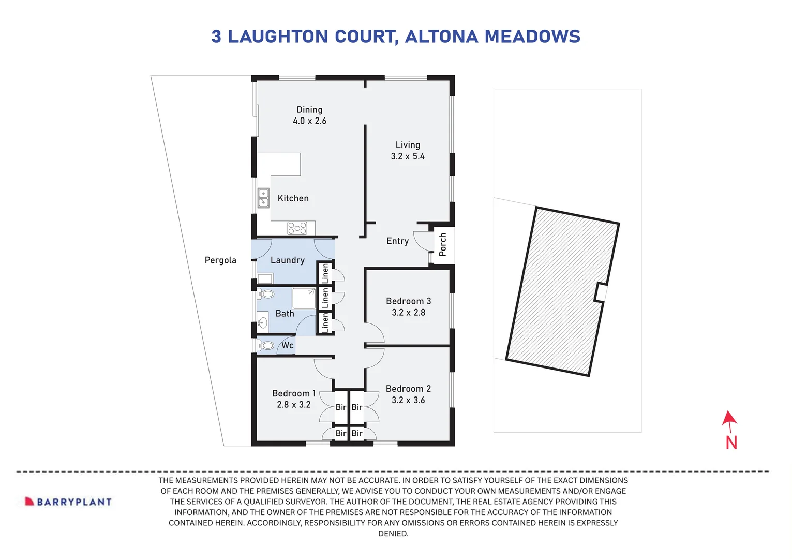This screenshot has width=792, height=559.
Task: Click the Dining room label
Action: [x=309, y=110]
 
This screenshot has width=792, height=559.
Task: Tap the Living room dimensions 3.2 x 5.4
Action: [x=408, y=156]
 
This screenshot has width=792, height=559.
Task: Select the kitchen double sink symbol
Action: [x=263, y=198]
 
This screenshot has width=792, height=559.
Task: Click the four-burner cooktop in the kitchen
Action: [x=297, y=228]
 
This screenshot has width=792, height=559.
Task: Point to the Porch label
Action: [x=443, y=244]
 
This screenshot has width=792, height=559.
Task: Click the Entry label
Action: [x=397, y=241]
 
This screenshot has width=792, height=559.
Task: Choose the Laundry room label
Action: [x=287, y=260]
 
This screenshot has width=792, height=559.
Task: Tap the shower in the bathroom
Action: [x=304, y=299]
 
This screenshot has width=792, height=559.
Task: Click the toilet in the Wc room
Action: [x=266, y=345]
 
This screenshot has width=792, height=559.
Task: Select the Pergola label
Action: [x=220, y=260]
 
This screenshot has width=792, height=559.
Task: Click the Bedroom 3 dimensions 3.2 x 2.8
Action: [x=408, y=313]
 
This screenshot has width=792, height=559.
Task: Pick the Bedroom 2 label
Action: [x=408, y=389]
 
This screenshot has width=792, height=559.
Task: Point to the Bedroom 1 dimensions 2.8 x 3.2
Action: [x=293, y=405]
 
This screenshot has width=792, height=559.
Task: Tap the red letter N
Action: [x=731, y=443]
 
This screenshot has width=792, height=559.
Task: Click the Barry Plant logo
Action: [x=68, y=502]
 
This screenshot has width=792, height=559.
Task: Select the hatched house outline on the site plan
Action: [x=561, y=290]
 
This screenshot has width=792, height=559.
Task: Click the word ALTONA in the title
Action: [x=441, y=37]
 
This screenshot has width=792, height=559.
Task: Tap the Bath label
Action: [x=285, y=314]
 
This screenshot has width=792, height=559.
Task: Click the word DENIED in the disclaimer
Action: [x=393, y=534]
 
